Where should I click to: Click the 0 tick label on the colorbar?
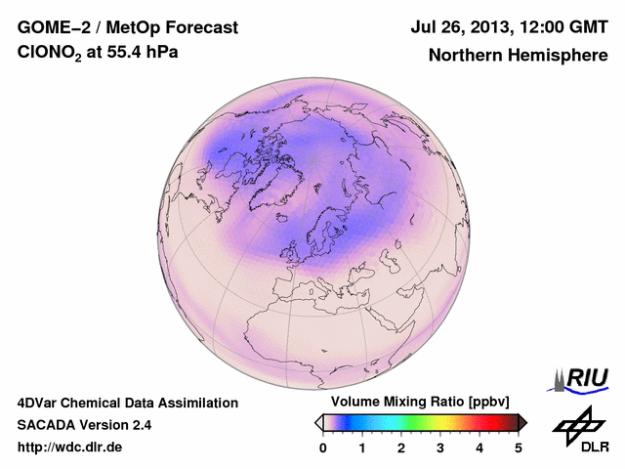coord(323,447)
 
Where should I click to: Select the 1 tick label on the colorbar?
coord(362,447)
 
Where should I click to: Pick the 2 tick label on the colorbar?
coord(401,447)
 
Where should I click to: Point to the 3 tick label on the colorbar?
coord(440,447)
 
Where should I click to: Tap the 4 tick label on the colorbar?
coord(479,447)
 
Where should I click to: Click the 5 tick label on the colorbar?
coord(519,447)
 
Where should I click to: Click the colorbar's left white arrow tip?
coord(318,422)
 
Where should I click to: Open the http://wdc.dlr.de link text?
coord(70,448)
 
